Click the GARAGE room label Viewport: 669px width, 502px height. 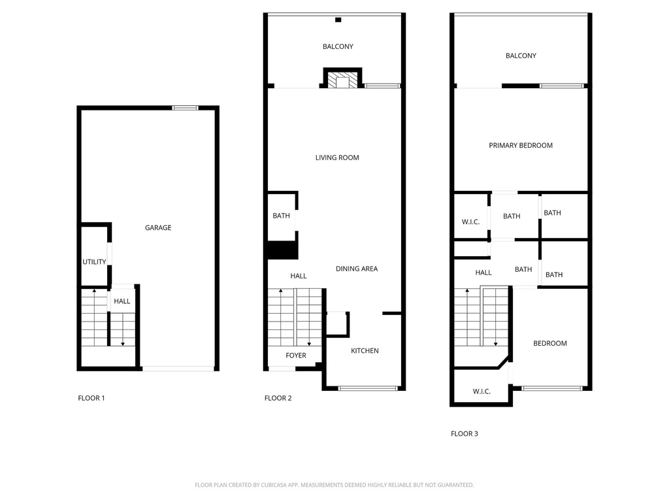point(158,228)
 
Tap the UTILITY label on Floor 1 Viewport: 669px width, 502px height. point(94,262)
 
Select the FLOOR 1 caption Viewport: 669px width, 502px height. point(91,398)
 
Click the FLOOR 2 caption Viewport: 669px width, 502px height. point(278,398)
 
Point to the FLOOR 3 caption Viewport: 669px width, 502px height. point(465,433)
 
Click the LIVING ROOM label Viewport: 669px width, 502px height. point(337,158)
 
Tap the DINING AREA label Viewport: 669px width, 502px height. point(357,269)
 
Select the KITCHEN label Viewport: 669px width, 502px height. point(365,351)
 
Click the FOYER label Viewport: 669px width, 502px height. point(296,356)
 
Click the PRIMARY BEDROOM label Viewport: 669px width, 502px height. point(521,145)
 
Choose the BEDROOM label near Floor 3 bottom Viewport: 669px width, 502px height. point(550,343)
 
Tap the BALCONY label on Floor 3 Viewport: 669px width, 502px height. point(521,56)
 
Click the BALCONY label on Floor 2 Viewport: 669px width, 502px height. point(338,46)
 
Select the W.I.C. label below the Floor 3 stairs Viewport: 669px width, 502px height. point(481,392)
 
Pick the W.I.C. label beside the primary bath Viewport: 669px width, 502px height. point(470,222)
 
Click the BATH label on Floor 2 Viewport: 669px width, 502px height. point(282,216)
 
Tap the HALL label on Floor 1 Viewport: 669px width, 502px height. point(122,301)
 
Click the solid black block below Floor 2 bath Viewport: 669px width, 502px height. point(282,251)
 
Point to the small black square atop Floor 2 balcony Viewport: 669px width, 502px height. point(338,20)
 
